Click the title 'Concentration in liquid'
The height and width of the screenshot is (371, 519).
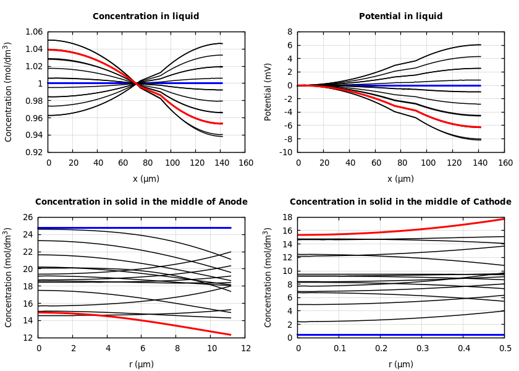point(146,17)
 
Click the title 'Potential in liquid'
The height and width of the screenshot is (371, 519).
point(400,17)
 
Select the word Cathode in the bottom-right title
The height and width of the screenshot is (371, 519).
point(492,202)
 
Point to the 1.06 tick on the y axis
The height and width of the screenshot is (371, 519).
point(34,32)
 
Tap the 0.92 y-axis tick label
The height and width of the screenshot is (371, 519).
point(34,152)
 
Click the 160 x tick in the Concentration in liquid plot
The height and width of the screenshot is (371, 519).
point(246,163)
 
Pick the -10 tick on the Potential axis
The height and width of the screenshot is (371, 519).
point(286,152)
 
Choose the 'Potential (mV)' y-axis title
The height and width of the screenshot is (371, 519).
point(268,92)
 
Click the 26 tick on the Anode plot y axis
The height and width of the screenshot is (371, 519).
point(27,218)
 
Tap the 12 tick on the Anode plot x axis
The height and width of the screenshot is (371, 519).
point(246,349)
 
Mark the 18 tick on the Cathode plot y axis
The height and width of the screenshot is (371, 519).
point(286,218)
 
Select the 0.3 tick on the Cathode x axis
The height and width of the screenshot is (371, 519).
point(422,349)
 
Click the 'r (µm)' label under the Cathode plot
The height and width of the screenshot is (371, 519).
point(400,364)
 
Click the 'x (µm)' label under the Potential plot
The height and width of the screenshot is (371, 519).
point(400,179)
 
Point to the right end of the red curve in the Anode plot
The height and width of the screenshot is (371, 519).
point(230,335)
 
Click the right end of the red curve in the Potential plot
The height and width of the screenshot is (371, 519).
point(480,127)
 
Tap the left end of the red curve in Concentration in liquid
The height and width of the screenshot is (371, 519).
point(48,49)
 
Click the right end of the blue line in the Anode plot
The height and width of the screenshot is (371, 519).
point(230,228)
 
